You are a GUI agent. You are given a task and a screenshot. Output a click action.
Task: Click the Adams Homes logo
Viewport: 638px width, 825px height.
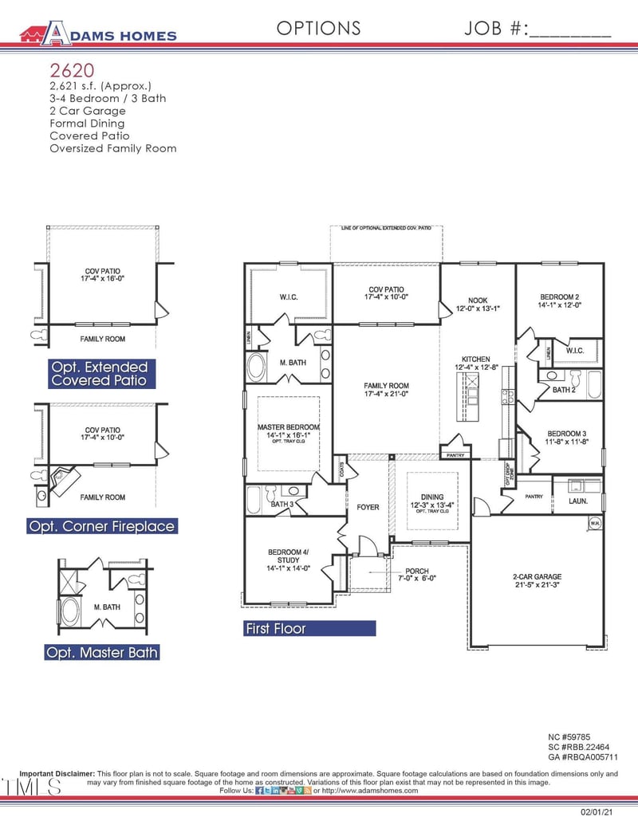point(98,33)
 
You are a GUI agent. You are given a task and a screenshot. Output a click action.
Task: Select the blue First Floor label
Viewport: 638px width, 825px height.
point(276,628)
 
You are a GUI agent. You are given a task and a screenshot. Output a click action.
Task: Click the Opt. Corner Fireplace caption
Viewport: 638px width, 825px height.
point(100,526)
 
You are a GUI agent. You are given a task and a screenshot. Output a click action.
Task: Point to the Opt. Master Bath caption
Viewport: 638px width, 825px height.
point(101,652)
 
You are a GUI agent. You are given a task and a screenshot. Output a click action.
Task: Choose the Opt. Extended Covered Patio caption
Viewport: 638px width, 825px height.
point(100,374)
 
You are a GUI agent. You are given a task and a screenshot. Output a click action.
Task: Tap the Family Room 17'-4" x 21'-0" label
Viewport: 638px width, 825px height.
point(386,391)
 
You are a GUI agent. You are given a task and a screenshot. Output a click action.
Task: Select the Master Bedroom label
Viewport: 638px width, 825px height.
point(288,431)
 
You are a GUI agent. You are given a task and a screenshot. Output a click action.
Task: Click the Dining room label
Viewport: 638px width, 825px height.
point(432,502)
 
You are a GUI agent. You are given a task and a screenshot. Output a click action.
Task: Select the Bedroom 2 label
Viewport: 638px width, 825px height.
point(558,300)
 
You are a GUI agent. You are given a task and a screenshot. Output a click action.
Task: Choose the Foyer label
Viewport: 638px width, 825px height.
point(368,507)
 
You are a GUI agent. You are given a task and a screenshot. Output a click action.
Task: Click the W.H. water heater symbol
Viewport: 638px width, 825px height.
point(594,523)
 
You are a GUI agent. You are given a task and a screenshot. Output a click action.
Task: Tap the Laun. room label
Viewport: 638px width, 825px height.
point(577,502)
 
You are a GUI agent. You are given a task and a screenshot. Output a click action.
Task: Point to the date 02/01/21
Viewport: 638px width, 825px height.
point(598,811)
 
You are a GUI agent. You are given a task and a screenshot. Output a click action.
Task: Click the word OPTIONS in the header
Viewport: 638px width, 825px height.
point(318,29)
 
